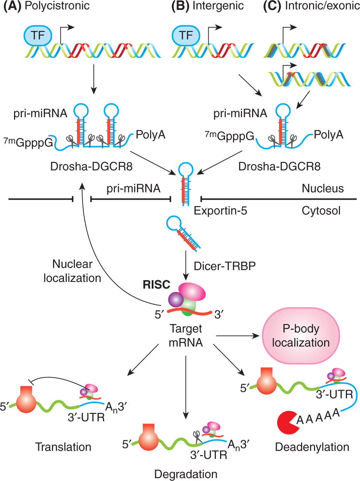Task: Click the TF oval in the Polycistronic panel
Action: [38, 35]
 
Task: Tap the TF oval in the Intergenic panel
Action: [186, 35]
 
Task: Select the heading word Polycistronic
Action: [57, 6]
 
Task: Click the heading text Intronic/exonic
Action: [322, 6]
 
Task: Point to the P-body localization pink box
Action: [301, 336]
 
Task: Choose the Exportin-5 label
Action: [221, 211]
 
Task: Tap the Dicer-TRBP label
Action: [225, 266]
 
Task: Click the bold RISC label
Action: [156, 284]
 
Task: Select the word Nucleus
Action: [323, 189]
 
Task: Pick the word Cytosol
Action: [321, 211]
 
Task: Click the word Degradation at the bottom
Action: [186, 474]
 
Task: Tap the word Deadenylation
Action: [312, 447]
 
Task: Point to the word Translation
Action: [63, 447]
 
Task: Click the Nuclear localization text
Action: [72, 271]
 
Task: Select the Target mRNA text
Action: [186, 336]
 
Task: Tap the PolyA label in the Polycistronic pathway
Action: [150, 135]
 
